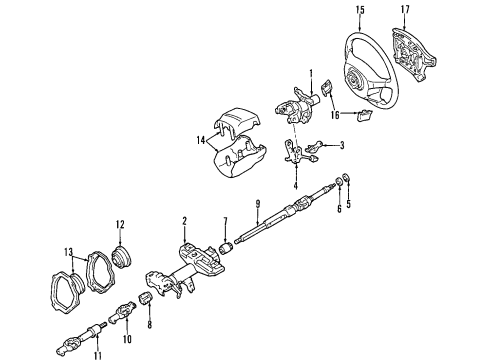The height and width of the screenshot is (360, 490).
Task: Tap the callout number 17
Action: tap(404, 11)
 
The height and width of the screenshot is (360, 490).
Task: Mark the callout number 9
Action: tap(258, 207)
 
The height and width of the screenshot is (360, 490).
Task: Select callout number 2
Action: tap(185, 221)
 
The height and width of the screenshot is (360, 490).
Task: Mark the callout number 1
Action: tap(311, 72)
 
